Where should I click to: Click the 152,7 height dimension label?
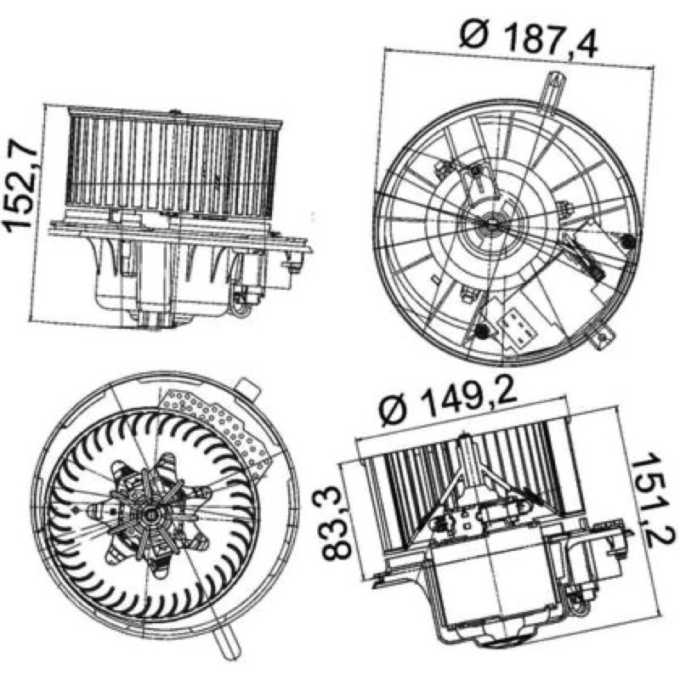tap(22, 184)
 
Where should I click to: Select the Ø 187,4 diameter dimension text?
tap(528, 38)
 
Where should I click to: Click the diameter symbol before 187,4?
tap(473, 33)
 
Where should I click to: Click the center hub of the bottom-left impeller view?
tap(150, 515)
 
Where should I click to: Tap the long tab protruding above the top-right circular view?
tap(552, 92)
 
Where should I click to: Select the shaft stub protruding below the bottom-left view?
tap(226, 645)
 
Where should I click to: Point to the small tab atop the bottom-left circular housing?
tap(248, 388)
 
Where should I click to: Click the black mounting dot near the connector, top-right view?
tap(480, 331)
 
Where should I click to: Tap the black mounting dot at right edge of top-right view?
tap(627, 241)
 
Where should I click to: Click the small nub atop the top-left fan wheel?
tap(175, 112)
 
